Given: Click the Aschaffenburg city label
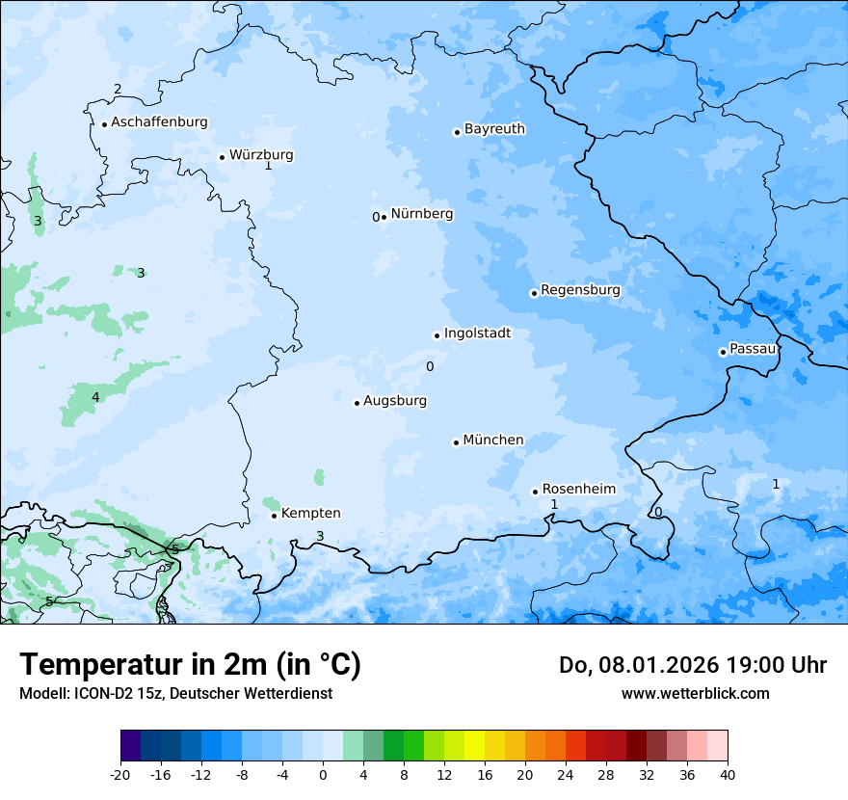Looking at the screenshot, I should [159, 122].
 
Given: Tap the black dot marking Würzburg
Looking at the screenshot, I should [222, 157].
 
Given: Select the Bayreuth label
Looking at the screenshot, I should [494, 128].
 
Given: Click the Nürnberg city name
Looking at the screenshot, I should [421, 214].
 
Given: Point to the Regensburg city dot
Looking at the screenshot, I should [534, 293].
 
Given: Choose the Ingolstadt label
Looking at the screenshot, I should [477, 333].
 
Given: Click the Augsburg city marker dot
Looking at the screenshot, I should [357, 403].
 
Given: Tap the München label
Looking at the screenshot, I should [493, 440].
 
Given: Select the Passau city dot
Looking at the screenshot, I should [723, 352].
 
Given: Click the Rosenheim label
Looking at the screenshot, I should [578, 490].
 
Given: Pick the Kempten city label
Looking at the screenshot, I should [310, 514].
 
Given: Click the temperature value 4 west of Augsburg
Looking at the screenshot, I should [95, 397].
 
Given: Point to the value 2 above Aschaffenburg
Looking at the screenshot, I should [118, 90].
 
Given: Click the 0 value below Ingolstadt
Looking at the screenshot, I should [430, 366].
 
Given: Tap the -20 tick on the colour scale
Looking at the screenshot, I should [120, 774].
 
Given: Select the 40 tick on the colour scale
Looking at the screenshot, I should [728, 774].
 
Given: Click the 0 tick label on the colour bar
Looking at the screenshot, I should [323, 774].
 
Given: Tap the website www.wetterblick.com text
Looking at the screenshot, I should [695, 693].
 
